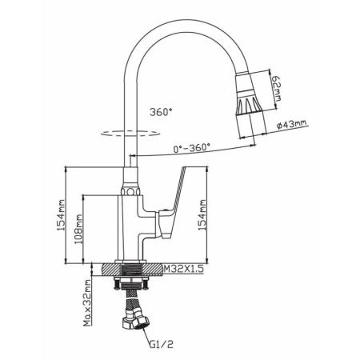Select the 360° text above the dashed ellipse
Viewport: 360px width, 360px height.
[x=161, y=112]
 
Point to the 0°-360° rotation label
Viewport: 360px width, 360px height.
[x=191, y=148]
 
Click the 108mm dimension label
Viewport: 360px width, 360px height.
[x=78, y=229]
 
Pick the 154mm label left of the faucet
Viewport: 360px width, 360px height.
[x=61, y=215]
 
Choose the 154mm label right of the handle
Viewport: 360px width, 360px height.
[x=202, y=215]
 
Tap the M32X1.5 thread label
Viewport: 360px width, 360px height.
[x=184, y=269]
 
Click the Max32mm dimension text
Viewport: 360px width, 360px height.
[x=87, y=303]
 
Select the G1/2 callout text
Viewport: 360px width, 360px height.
[x=161, y=344]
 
